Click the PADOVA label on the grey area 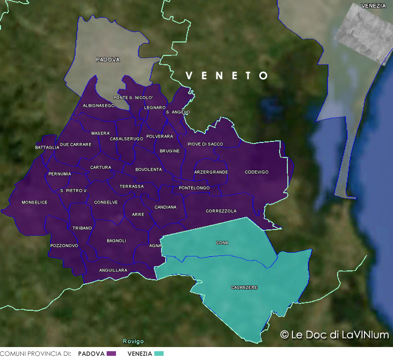click(x=108, y=60)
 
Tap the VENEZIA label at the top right click(x=374, y=6)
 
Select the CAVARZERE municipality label click(x=244, y=287)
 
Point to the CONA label click(x=222, y=242)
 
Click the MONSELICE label click(x=34, y=202)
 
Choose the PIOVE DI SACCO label click(x=205, y=144)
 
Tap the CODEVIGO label click(x=256, y=172)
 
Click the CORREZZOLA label click(x=221, y=211)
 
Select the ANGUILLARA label click(x=113, y=270)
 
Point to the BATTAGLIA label click(x=47, y=148)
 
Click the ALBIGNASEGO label click(x=98, y=106)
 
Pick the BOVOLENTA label click(x=149, y=169)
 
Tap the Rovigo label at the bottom click(x=133, y=341)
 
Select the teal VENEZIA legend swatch click(x=158, y=354)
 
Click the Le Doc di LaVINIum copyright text click(x=334, y=335)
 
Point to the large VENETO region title click(x=227, y=76)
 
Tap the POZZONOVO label click(x=64, y=245)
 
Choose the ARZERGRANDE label click(x=211, y=172)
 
